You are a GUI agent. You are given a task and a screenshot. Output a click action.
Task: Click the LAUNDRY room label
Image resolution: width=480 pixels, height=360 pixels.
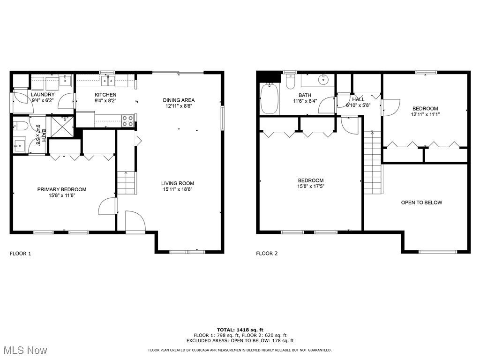43,95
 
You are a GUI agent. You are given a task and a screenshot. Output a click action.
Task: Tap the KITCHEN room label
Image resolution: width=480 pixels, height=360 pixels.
105,95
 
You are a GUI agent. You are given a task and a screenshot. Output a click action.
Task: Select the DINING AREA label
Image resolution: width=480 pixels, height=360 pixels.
179,100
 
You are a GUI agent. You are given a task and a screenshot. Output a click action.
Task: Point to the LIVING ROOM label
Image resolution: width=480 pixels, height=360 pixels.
178,183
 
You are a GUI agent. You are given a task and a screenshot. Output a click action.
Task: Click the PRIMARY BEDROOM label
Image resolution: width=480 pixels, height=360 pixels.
62,189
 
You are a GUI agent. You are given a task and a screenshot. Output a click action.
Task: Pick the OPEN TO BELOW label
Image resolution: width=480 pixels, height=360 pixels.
421,202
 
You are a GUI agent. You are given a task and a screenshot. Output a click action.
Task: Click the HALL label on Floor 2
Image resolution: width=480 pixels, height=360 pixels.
358,99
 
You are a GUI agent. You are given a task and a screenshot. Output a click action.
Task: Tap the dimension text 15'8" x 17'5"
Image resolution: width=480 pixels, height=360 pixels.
311,186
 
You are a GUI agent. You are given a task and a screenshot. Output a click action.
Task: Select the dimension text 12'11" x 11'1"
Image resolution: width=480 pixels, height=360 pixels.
425,114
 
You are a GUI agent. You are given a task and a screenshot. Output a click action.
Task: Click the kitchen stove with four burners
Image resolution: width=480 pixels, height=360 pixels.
127,121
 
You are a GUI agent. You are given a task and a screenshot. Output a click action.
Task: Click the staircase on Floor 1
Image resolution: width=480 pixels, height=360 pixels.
126,183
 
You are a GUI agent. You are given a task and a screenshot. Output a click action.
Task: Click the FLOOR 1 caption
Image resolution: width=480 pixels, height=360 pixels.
20,254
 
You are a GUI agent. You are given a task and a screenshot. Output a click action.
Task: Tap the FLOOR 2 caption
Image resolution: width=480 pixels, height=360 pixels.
267,254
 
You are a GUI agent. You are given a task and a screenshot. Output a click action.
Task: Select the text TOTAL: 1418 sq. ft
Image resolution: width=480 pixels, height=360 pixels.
240,330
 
